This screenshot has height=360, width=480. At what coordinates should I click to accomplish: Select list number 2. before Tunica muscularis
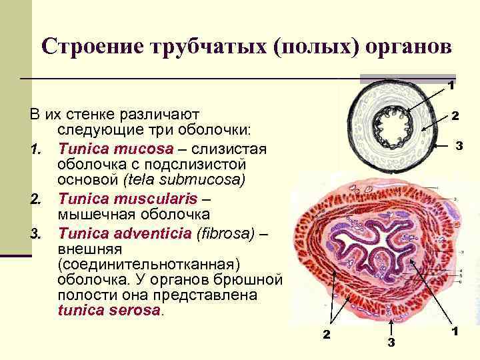tap(37, 199)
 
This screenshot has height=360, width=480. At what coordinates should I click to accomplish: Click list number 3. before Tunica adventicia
tap(37, 234)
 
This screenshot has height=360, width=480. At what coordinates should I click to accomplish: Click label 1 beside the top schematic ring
tap(451, 85)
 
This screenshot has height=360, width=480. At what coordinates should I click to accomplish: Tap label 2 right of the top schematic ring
tap(455, 115)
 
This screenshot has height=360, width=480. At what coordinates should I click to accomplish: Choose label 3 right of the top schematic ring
tap(459, 145)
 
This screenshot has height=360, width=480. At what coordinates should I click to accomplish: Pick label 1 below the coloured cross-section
tap(454, 331)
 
